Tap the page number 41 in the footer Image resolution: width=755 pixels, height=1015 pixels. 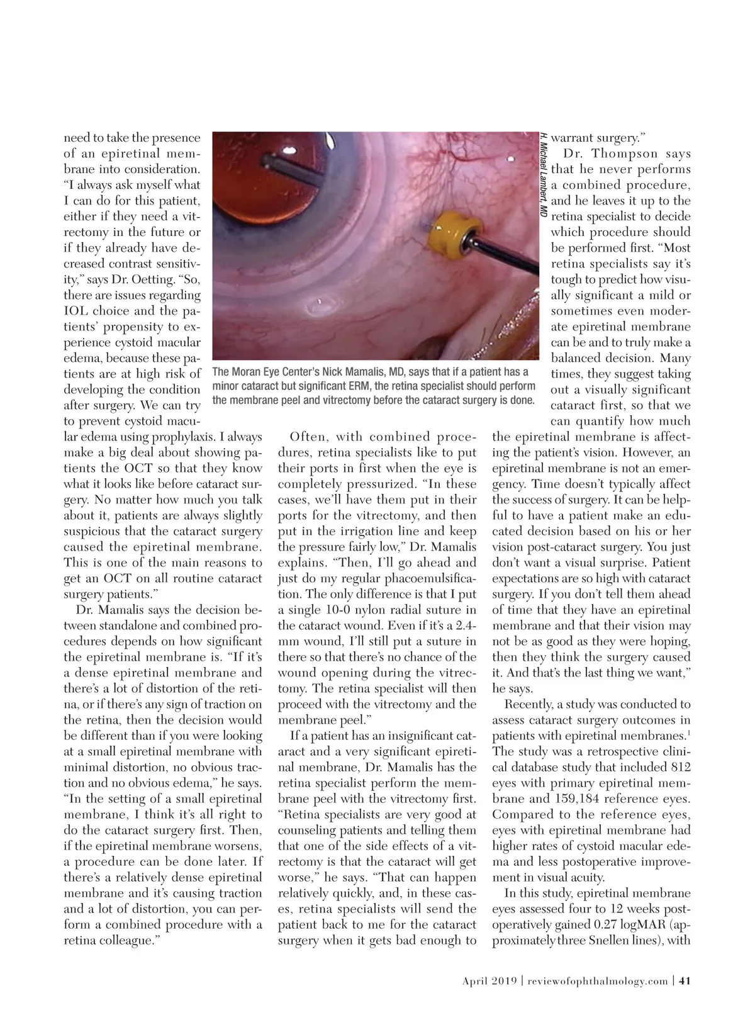click(685, 980)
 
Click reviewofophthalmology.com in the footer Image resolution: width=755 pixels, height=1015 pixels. click(598, 980)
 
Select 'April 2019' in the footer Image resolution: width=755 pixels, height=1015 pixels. click(489, 980)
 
